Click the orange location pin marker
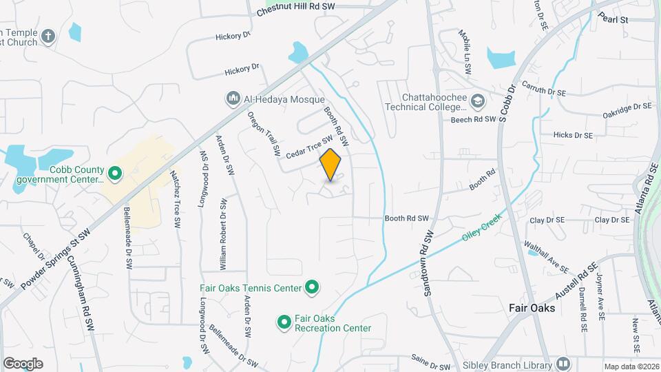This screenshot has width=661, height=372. tap(330, 165)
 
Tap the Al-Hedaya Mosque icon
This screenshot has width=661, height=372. tap(233, 99)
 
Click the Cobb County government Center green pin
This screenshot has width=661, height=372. tap(114, 174)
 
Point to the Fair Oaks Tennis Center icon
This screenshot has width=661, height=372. tap(312, 287)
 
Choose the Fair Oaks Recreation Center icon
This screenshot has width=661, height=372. tap(283, 322)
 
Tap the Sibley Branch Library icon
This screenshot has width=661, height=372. tap(564, 364)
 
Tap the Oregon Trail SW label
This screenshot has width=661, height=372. tap(264, 132)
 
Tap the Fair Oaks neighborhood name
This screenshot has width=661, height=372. tap(532, 308)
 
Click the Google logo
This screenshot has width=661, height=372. tap(23, 363)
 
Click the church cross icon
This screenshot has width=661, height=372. tap(48, 37)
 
